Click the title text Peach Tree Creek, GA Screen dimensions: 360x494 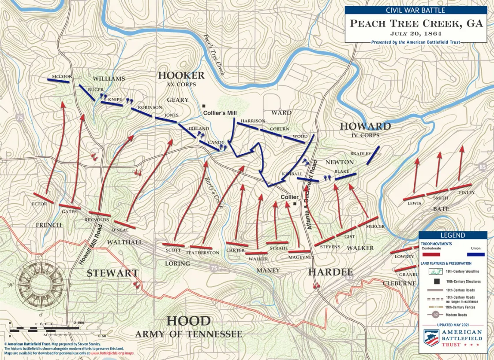point(416,23)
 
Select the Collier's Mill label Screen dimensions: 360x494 point(220,113)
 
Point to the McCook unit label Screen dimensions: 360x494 point(61,77)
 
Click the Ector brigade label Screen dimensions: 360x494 point(39,204)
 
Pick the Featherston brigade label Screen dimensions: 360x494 point(202,252)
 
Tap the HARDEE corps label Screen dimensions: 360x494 point(330,272)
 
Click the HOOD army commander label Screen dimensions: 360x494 point(188,321)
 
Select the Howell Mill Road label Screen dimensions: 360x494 point(90,245)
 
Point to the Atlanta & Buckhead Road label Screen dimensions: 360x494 point(312,194)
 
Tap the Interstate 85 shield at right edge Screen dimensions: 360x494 point(483,167)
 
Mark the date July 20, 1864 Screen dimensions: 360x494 point(416,33)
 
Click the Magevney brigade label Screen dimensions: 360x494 point(301,257)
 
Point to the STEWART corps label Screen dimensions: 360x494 point(112,273)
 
